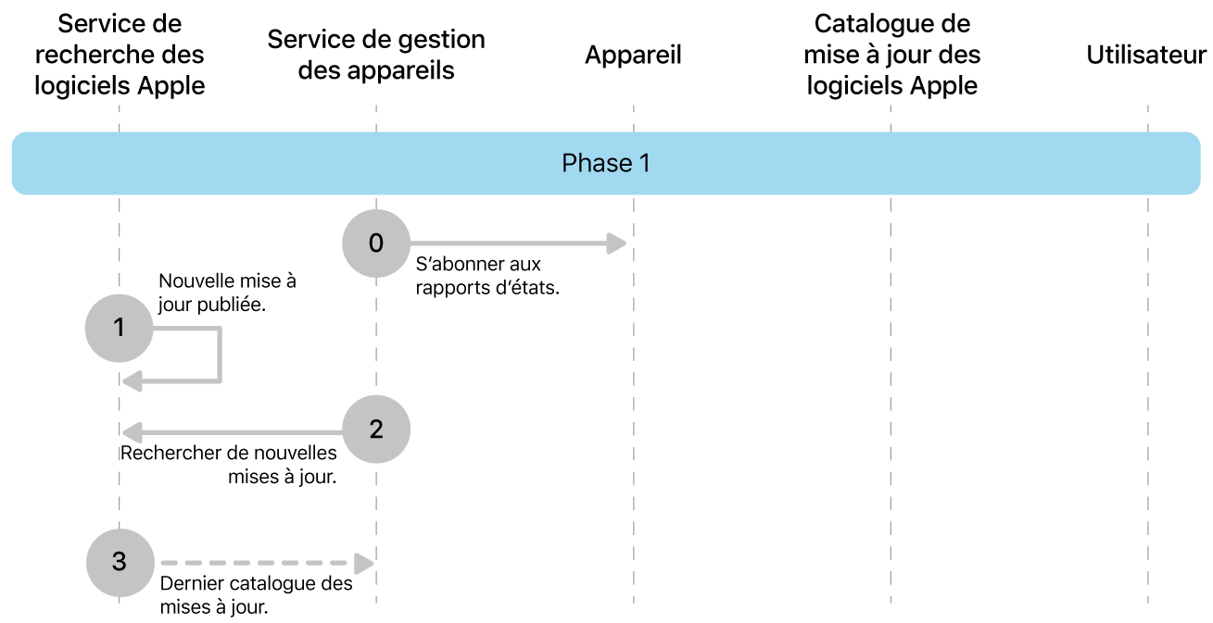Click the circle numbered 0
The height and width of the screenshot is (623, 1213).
[375, 243]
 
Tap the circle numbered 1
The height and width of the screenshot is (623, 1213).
[119, 327]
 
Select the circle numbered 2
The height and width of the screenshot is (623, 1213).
[375, 430]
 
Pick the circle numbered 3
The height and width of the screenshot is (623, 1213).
[119, 562]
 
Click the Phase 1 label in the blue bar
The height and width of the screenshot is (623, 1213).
[606, 164]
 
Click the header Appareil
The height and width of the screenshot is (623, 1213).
[633, 56]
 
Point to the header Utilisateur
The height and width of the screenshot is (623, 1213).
[1146, 56]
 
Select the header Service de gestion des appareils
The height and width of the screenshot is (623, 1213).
[376, 56]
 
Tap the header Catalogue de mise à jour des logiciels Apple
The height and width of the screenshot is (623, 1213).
[891, 55]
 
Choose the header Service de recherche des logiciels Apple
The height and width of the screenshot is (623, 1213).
[119, 55]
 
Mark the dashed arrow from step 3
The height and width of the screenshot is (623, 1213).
[264, 563]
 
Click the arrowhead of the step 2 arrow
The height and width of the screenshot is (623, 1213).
[133, 430]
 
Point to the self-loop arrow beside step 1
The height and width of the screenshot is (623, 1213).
[219, 356]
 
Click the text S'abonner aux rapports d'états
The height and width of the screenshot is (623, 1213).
[487, 276]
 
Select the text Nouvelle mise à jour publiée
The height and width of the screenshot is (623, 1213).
[227, 292]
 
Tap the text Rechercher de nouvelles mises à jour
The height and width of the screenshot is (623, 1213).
[230, 465]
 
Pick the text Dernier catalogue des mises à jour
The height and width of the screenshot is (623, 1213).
[256, 595]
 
